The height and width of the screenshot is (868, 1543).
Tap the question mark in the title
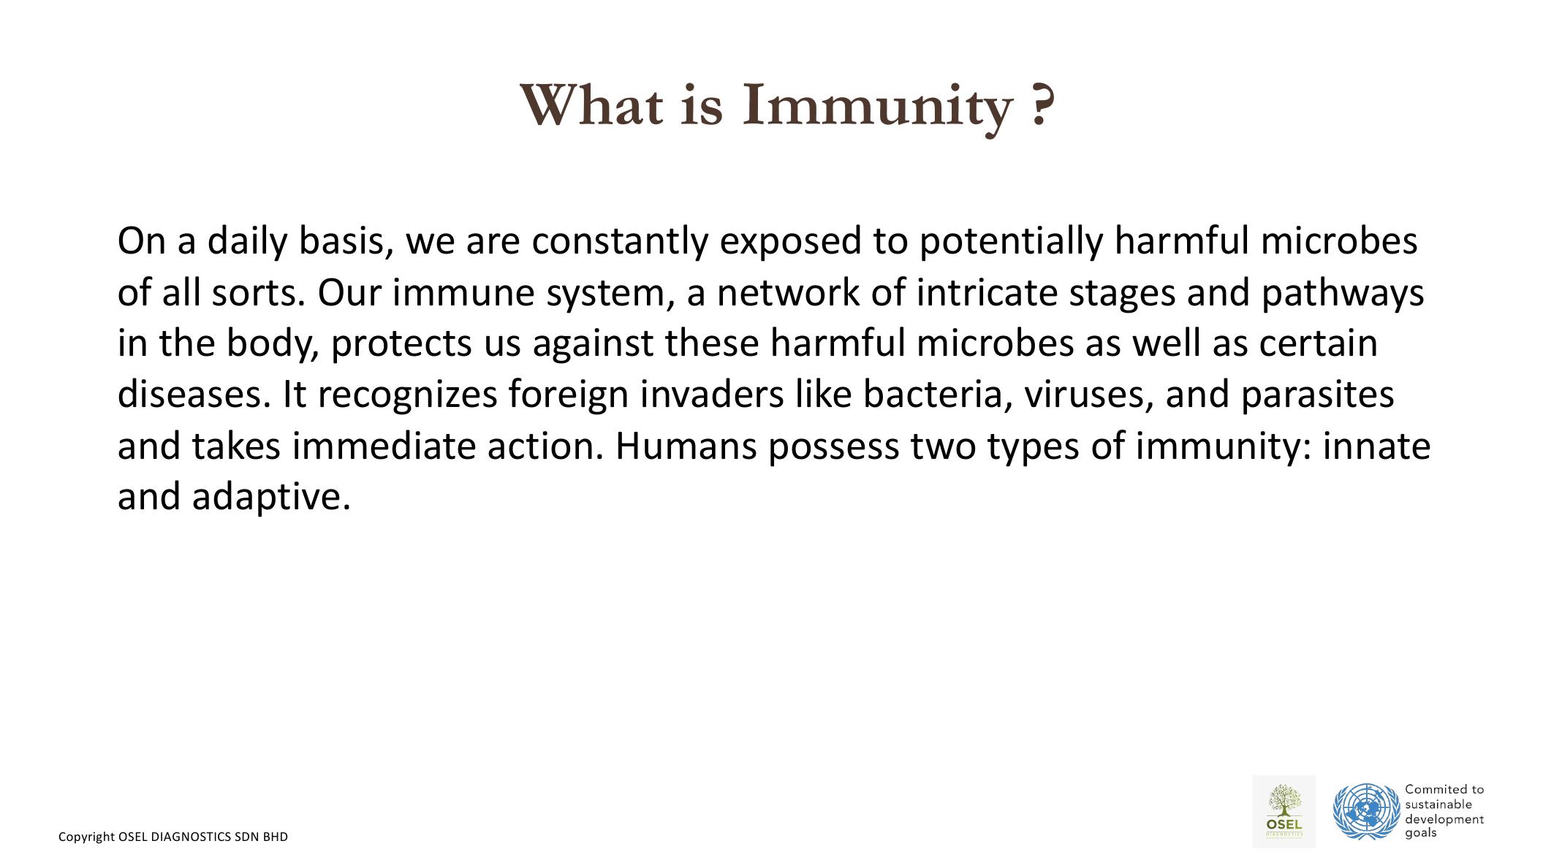[1043, 105]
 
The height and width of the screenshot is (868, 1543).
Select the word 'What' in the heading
[592, 105]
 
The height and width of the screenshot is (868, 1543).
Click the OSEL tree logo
[1284, 811]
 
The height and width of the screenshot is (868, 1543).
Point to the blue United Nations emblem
[1366, 811]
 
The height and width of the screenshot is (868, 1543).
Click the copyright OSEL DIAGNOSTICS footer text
[173, 837]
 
